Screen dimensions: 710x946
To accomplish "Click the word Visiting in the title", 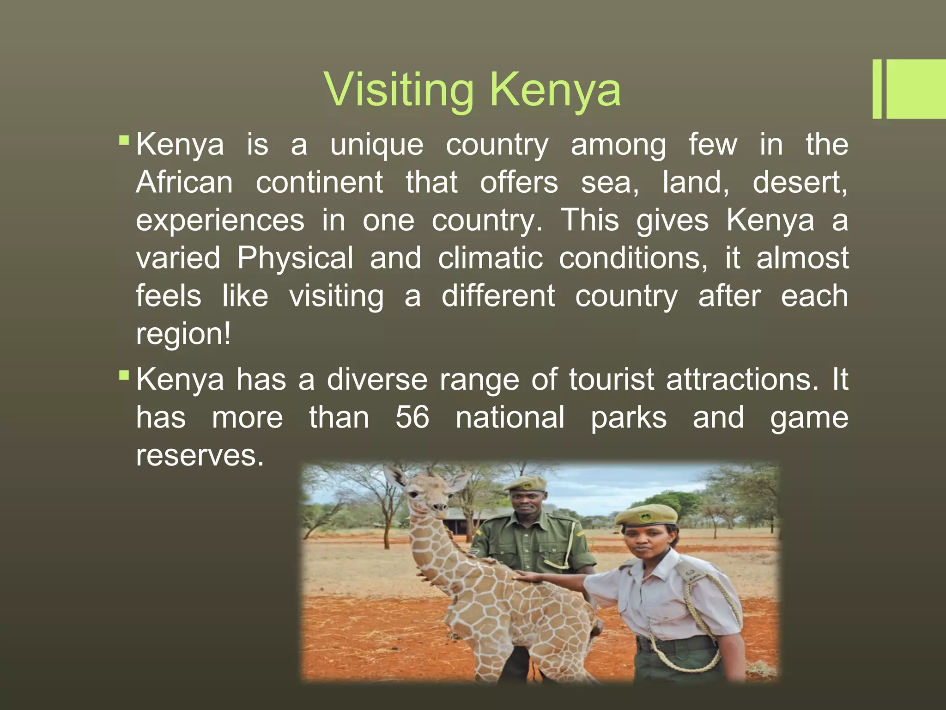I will click(399, 90).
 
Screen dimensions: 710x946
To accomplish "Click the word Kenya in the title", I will click(555, 90).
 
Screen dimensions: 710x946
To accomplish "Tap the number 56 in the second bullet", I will click(412, 417).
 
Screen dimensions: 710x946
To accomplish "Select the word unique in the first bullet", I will click(376, 145).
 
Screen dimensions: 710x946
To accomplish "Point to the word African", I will click(185, 182).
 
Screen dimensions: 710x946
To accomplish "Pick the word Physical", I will click(295, 258).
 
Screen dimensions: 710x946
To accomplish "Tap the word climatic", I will click(490, 258).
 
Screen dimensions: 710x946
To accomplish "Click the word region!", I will click(183, 334).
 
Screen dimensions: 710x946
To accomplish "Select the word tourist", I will click(611, 380).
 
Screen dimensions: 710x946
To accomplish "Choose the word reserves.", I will click(200, 455).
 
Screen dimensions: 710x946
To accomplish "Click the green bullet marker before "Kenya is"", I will click(124, 140).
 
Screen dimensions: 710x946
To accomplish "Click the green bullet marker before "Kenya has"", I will click(124, 375).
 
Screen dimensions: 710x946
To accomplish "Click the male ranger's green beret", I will click(526, 483).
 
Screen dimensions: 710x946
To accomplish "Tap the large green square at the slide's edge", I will click(916, 89).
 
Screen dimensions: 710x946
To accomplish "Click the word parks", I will click(629, 417).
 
